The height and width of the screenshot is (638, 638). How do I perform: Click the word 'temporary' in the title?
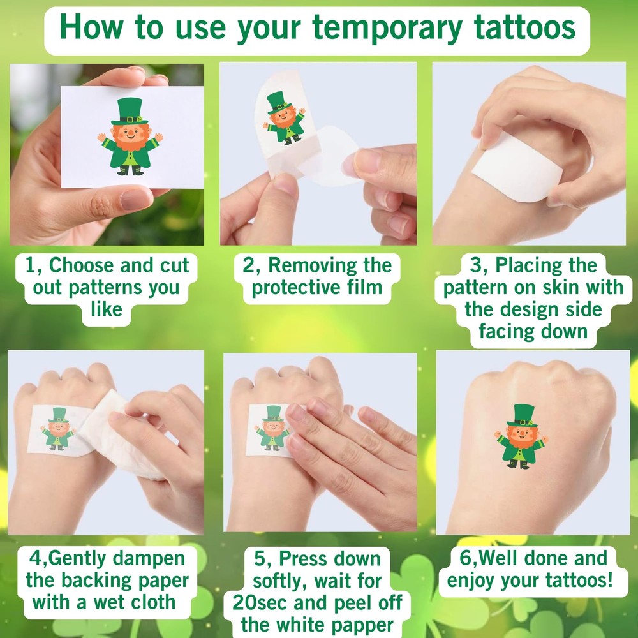coord(389,29)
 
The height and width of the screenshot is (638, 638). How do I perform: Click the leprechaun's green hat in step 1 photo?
coord(130,112)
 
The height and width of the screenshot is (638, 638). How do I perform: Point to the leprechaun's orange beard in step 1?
coord(130,144)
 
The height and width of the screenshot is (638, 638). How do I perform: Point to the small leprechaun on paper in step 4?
coord(58,428)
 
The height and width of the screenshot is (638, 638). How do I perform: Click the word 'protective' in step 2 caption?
coord(290,287)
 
